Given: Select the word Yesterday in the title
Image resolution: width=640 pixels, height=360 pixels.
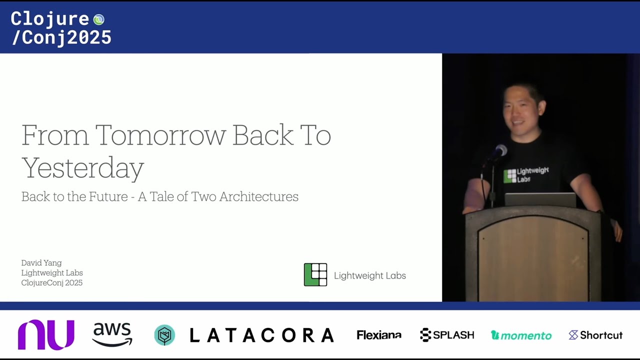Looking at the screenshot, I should click(83, 168).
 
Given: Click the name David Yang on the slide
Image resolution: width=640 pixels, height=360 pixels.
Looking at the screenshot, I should click(41, 263).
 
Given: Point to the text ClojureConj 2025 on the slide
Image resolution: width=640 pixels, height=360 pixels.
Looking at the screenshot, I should click(52, 283).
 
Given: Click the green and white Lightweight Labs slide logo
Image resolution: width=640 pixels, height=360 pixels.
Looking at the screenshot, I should click(315, 274).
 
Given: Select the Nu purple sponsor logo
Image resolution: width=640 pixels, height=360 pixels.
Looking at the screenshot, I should click(46, 334).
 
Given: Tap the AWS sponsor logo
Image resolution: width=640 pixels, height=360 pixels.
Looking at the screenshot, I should click(112, 334).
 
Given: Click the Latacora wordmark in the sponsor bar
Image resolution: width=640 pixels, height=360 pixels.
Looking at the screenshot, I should click(261, 335).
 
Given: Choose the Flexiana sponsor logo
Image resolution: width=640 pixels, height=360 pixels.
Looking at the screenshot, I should click(378, 335).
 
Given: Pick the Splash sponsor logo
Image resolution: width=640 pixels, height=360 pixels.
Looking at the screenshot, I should click(447, 335).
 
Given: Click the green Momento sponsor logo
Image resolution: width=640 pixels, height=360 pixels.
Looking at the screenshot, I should click(521, 335).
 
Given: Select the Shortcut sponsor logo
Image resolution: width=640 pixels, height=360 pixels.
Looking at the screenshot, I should click(595, 335).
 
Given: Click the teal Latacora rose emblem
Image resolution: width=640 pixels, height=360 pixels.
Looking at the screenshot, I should click(164, 335).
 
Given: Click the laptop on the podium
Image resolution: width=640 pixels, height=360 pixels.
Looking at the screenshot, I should click(540, 199).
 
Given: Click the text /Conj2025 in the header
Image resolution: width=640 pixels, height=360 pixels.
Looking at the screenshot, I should click(61, 37).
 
